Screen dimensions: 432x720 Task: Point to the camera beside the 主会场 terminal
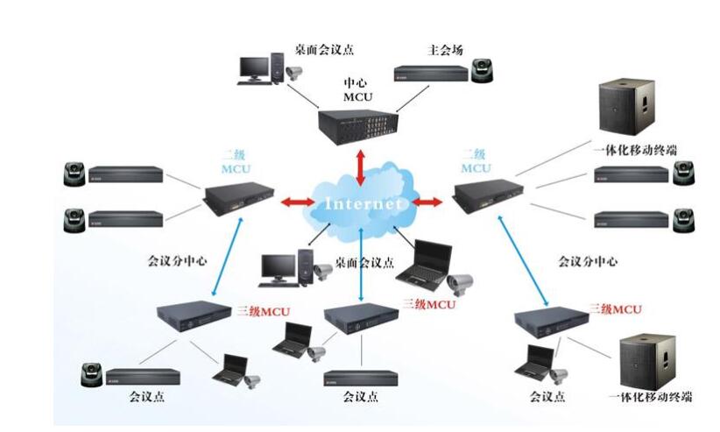coord(481,71)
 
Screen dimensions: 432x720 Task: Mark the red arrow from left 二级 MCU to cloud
coord(296,202)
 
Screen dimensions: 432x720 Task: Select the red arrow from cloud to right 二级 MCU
coord(427,203)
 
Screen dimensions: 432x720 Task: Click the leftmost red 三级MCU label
coord(264,310)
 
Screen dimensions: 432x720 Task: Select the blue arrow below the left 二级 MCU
coord(224,254)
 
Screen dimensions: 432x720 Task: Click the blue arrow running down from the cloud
coord(361,267)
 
